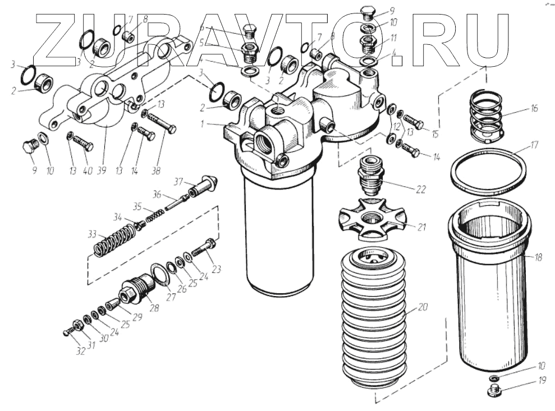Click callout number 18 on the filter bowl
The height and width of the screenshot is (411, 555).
(538, 257)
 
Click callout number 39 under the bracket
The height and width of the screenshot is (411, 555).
(102, 170)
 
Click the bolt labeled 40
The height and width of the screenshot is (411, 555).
(81, 141)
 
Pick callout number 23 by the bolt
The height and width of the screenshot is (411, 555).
(216, 270)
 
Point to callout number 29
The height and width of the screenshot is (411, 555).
(137, 317)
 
